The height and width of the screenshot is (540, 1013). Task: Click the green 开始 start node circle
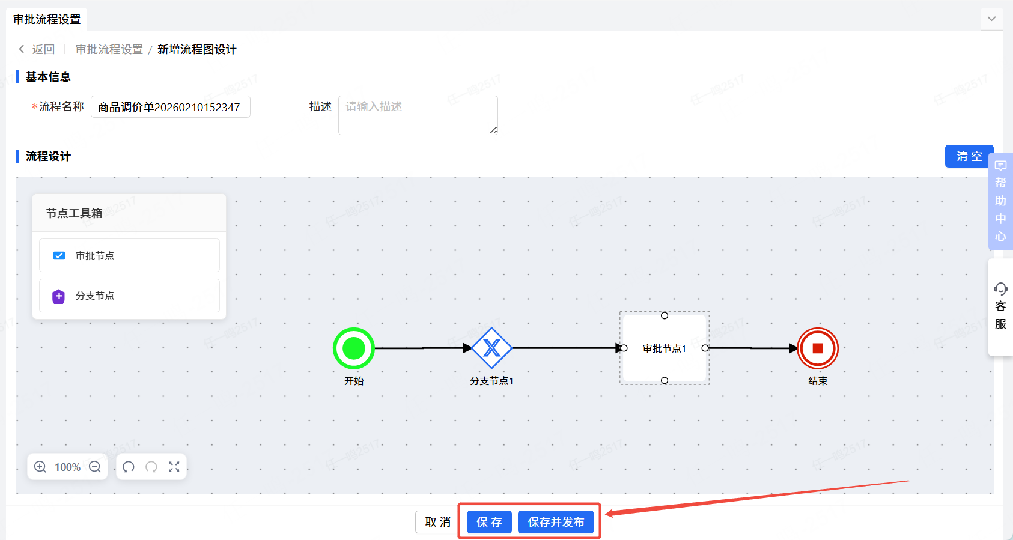(x=354, y=348)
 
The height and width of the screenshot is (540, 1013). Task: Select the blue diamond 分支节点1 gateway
(x=491, y=348)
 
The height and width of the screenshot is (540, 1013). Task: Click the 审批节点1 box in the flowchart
(x=664, y=348)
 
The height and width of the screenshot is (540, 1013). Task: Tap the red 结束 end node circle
(x=817, y=348)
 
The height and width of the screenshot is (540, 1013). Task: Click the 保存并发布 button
(x=556, y=522)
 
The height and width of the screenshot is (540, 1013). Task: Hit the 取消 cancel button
(x=437, y=522)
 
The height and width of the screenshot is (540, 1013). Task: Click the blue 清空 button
(x=969, y=156)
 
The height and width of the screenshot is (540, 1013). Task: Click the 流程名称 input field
(x=170, y=107)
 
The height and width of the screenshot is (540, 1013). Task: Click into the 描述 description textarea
(x=418, y=115)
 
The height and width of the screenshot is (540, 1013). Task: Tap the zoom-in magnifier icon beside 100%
(x=40, y=467)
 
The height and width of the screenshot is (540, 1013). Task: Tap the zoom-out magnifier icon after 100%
(x=95, y=467)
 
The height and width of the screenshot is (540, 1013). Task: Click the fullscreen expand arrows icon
(x=174, y=467)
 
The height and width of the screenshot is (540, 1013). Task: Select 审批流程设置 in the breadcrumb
(x=109, y=49)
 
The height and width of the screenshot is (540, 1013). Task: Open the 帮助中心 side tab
(x=1000, y=201)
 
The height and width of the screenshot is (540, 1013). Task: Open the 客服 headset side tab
(x=1000, y=307)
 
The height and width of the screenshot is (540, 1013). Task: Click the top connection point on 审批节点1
(x=665, y=315)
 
